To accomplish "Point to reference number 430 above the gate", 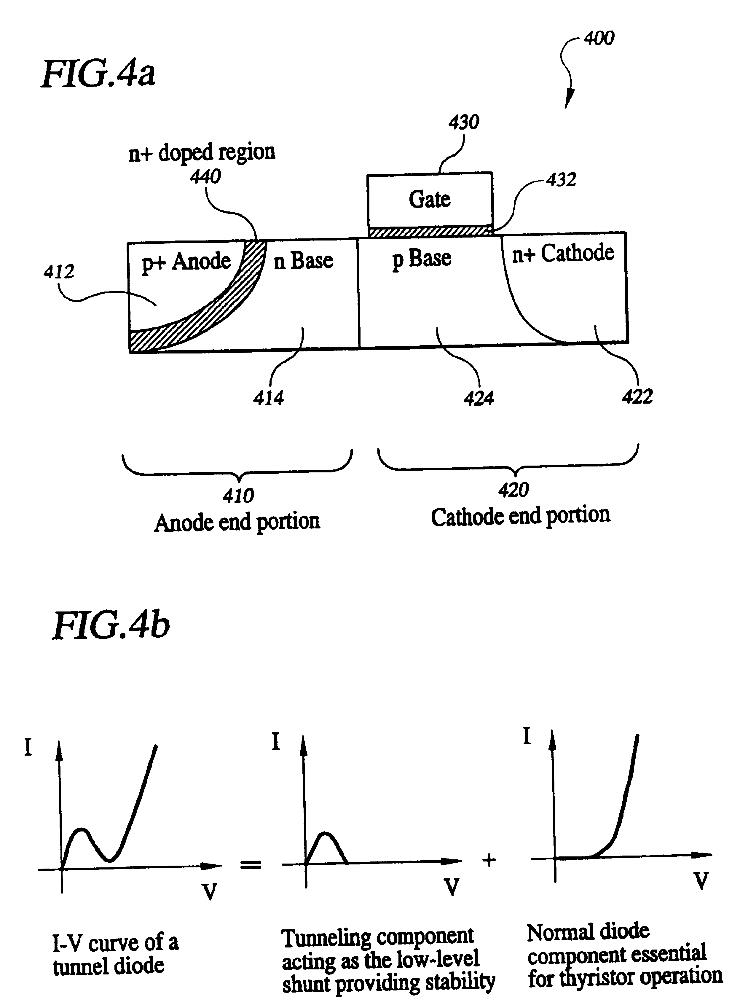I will pos(464,122).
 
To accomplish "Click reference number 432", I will pos(561,180).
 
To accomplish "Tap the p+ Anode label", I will pos(186,261).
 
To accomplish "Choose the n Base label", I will pos(303,260).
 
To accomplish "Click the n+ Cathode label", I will pos(563,254).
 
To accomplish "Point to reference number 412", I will pos(59,272).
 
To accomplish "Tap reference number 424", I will pos(479,398).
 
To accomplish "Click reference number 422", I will pos(637,396).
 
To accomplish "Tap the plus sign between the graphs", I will pos(489,860).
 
